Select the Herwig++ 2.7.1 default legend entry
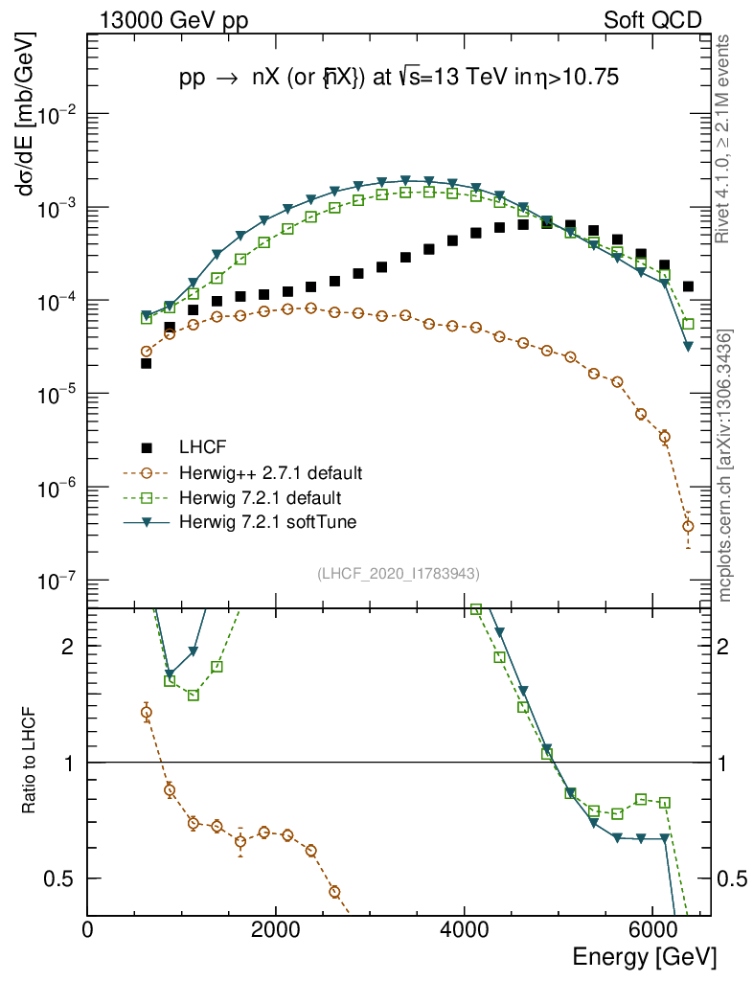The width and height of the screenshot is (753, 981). (270, 473)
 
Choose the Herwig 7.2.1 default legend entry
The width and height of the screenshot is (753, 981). (261, 498)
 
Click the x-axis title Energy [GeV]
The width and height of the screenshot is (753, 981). (644, 956)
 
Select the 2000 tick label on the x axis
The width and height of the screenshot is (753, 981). (276, 930)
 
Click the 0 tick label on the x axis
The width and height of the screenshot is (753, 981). (88, 930)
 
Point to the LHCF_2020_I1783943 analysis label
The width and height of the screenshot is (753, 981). (398, 573)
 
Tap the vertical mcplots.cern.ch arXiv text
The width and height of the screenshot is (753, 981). (725, 466)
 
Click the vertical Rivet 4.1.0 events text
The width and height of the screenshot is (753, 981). (725, 148)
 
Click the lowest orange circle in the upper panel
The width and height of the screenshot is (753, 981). (688, 526)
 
